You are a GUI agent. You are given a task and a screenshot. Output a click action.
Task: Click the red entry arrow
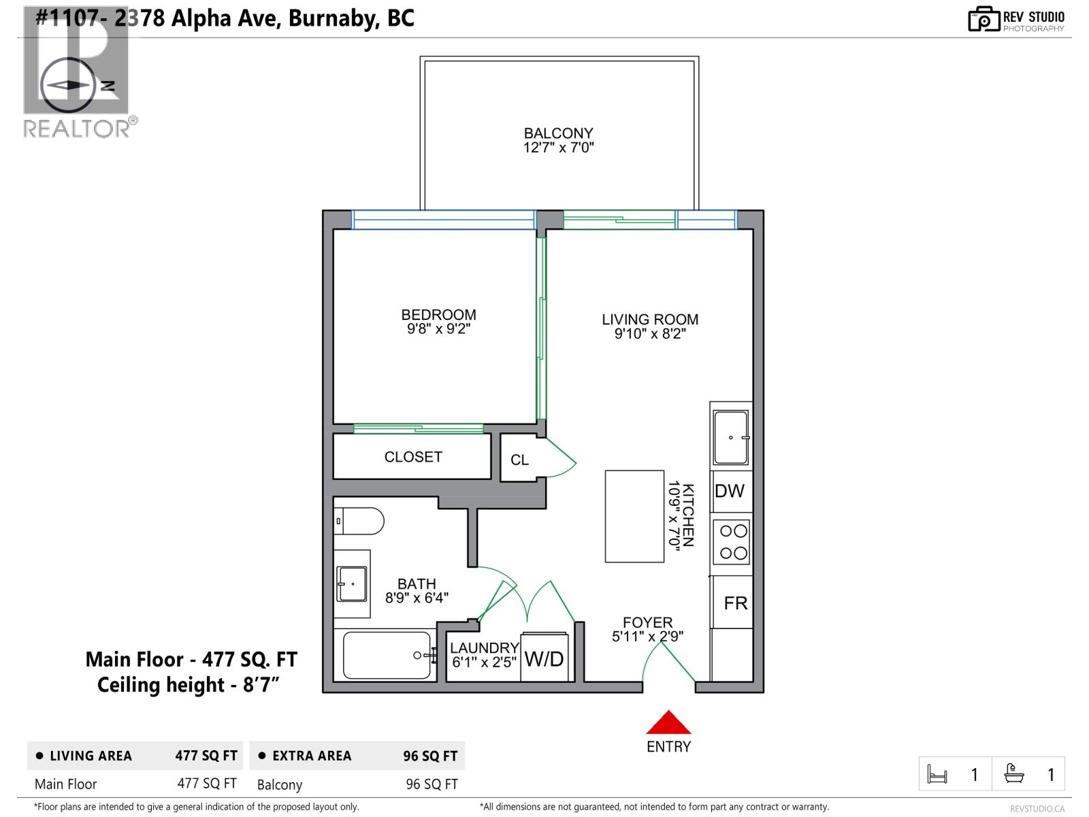point(668,722)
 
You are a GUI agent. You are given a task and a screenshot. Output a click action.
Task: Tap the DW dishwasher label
point(730,491)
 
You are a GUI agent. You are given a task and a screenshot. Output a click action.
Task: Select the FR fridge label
point(735,603)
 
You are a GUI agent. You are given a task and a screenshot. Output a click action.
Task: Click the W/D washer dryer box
point(544,658)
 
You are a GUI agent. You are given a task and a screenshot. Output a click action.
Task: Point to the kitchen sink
point(731,437)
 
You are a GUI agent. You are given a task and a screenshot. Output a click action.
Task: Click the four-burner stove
point(733,542)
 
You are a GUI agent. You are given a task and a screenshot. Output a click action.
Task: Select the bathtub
point(387,656)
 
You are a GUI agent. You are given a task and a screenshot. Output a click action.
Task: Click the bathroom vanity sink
point(353,583)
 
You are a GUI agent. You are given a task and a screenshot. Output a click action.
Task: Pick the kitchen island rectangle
point(634,516)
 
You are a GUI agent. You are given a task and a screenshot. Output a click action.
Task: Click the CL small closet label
point(519,460)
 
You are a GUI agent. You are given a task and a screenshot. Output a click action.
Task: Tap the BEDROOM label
point(438,315)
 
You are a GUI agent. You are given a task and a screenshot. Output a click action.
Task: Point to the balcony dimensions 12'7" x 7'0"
point(558,148)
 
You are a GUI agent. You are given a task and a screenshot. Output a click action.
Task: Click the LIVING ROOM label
point(649,319)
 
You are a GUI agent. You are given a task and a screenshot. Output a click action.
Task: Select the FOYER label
point(647,622)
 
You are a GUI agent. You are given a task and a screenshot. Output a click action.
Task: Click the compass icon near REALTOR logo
point(68,86)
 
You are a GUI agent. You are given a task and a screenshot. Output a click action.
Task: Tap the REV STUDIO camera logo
point(984,20)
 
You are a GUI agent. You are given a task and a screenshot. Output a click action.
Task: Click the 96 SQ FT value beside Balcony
point(432,784)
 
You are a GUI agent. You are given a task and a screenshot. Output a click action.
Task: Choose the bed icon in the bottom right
point(937,775)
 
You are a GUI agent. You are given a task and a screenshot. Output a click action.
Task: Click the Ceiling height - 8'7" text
point(189,685)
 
